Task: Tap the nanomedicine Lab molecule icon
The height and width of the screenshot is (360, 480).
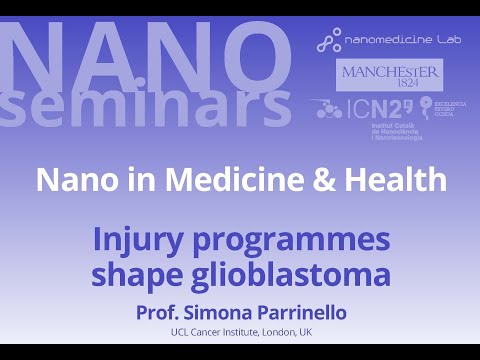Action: click(328, 43)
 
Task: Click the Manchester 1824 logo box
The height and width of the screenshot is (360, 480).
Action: click(390, 76)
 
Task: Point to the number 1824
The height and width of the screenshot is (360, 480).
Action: click(390, 86)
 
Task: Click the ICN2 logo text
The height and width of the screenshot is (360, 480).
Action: click(376, 108)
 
